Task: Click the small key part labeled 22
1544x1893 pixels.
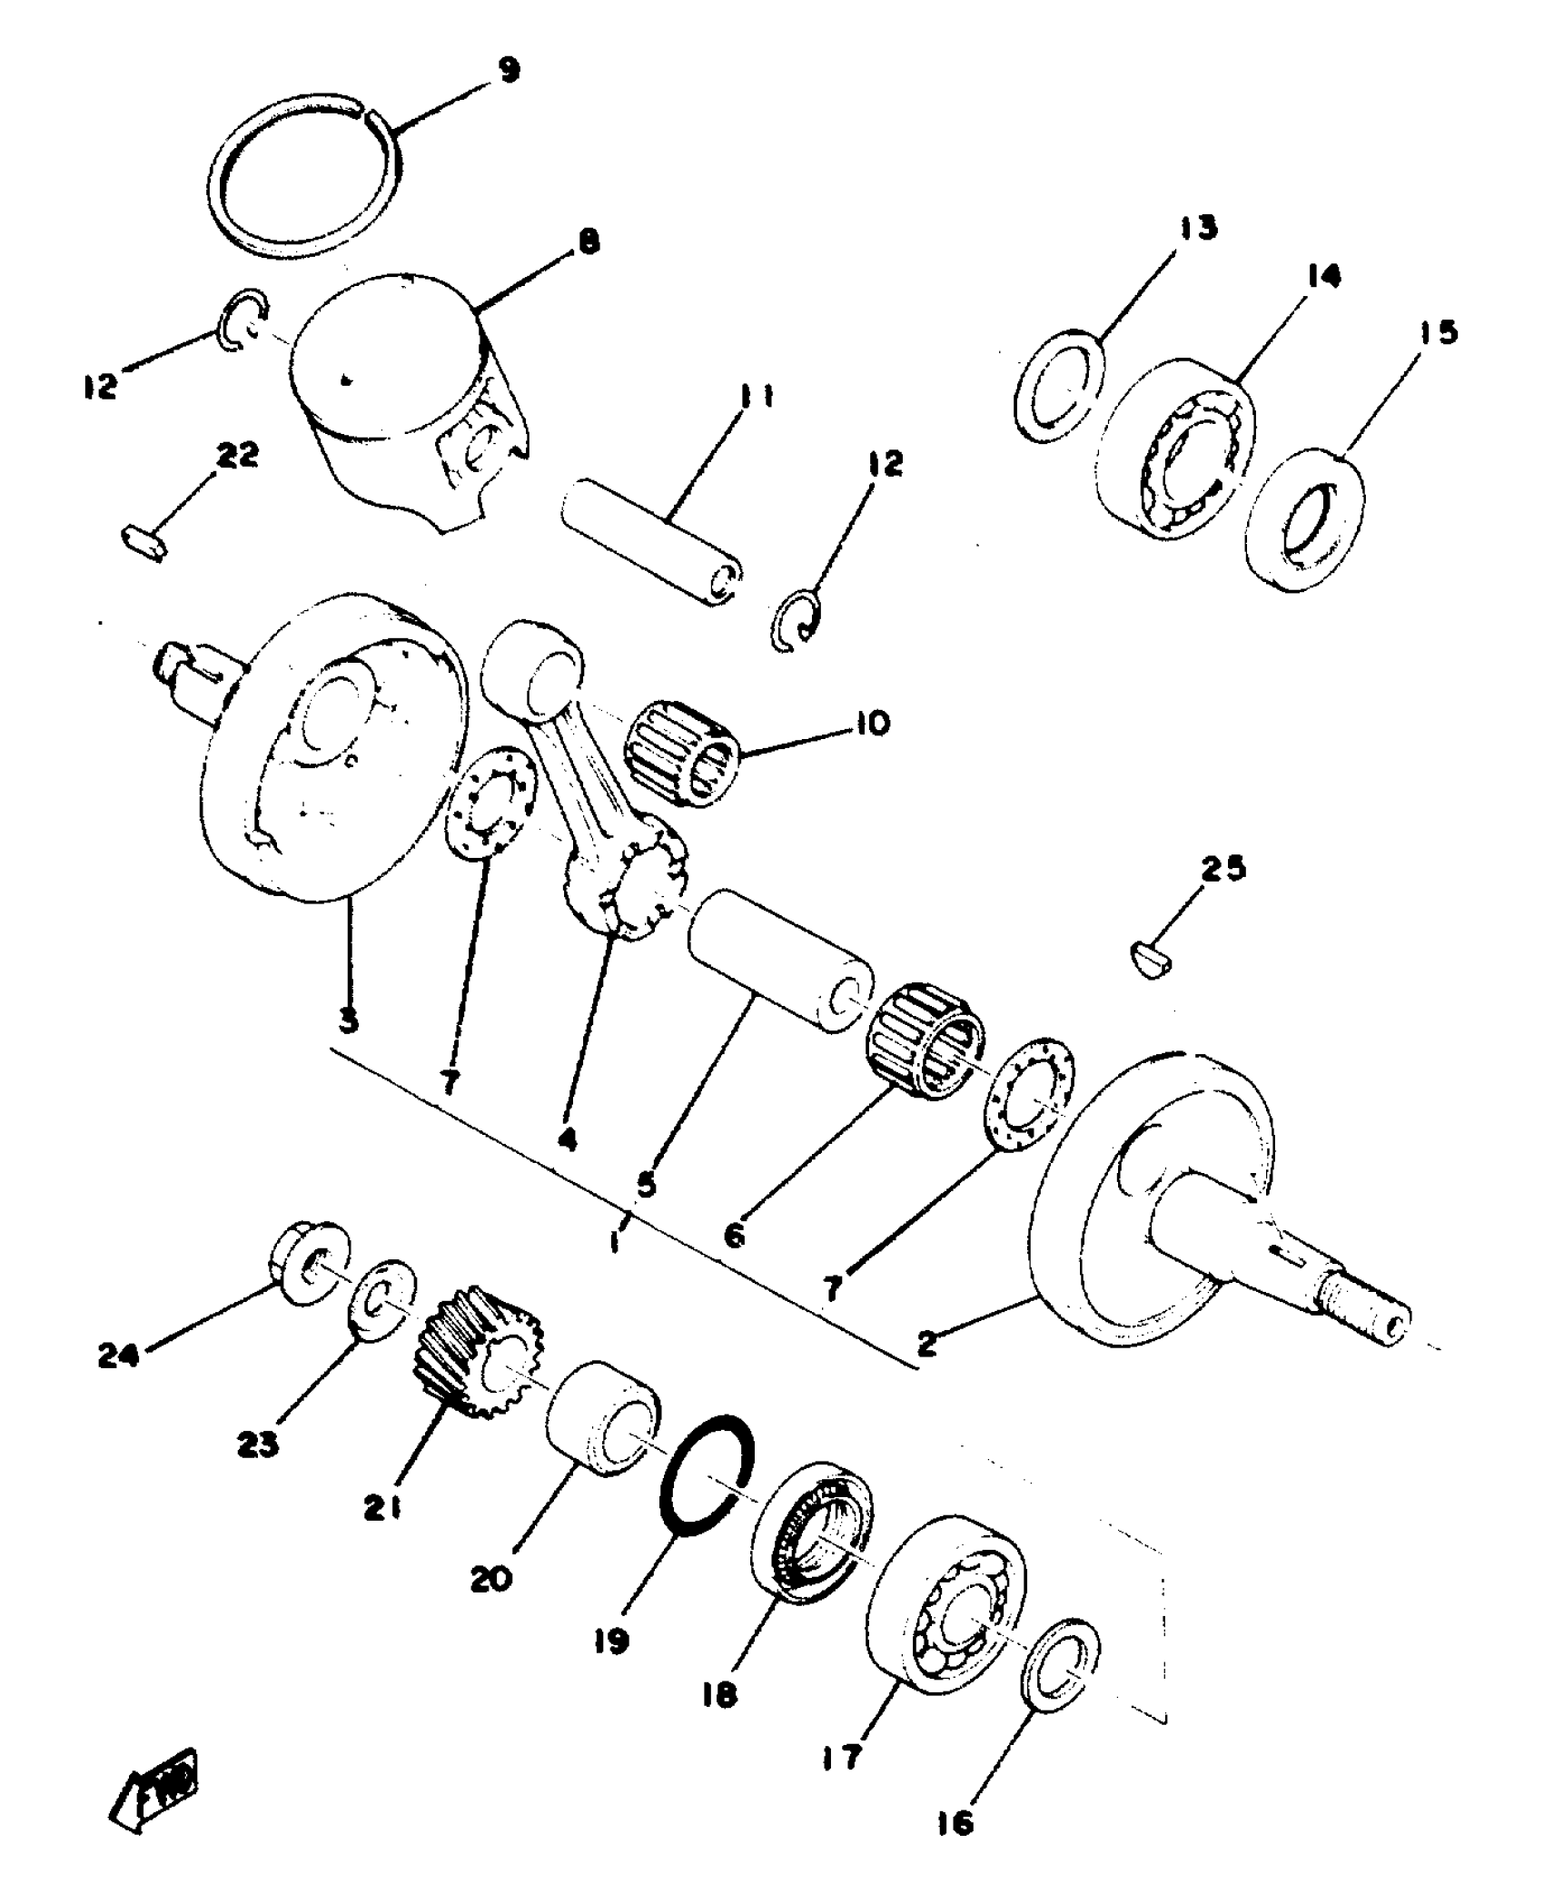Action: coord(144,539)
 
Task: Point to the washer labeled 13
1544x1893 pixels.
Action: coord(1058,385)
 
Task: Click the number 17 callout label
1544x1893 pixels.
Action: coord(841,1759)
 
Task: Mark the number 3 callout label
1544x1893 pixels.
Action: coord(348,1020)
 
